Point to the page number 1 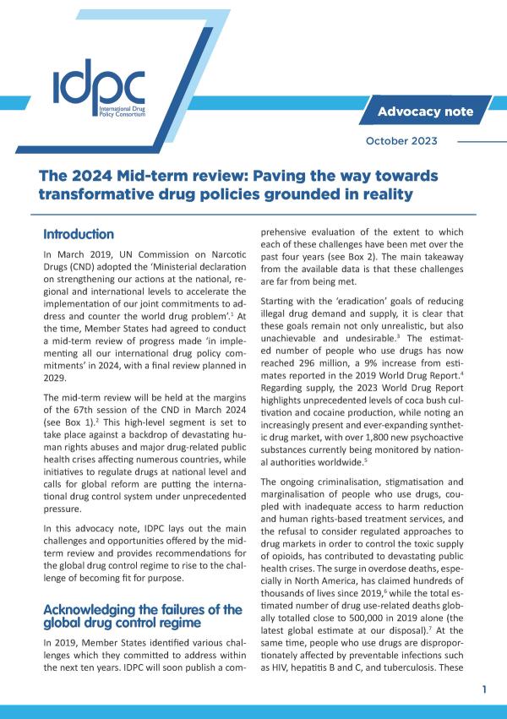tap(484, 690)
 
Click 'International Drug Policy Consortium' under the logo tap(123, 111)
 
